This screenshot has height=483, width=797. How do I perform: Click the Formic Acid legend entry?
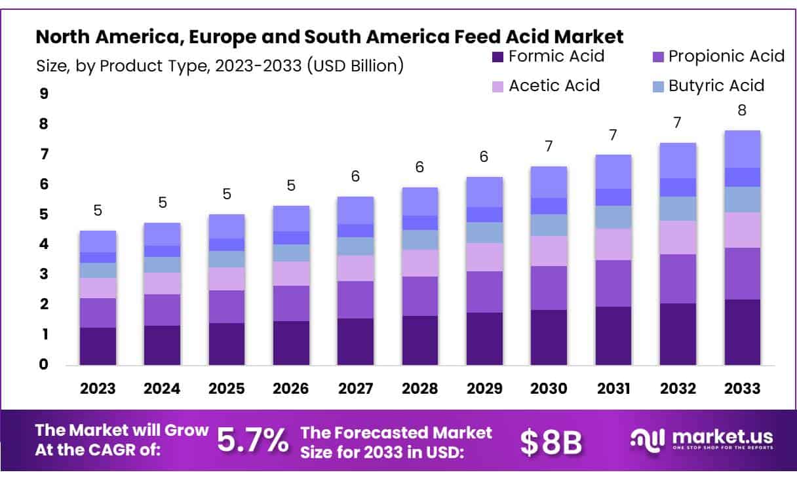click(x=548, y=56)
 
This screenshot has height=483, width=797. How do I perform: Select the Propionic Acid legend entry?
click(x=718, y=56)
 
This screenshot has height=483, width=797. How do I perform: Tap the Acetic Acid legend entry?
click(x=546, y=86)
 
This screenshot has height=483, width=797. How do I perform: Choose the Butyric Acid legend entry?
click(x=708, y=86)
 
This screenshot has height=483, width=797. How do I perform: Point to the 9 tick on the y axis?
click(x=44, y=94)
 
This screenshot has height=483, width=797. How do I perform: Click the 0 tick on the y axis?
click(x=44, y=364)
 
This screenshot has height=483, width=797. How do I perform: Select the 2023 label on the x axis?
click(x=98, y=388)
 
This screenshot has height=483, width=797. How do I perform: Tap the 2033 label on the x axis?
click(x=742, y=388)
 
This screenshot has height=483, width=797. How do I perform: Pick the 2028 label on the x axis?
click(x=420, y=388)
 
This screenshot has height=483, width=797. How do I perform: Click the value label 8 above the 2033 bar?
click(x=742, y=110)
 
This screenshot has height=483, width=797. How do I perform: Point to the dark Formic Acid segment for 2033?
click(x=742, y=332)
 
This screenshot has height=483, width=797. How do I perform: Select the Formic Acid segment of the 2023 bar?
click(x=98, y=346)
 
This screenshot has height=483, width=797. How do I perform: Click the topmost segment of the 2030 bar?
click(x=549, y=182)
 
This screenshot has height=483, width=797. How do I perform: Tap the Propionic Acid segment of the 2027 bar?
click(x=355, y=299)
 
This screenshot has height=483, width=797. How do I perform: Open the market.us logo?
click(x=701, y=439)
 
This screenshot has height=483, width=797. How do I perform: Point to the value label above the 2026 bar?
click(x=291, y=185)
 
